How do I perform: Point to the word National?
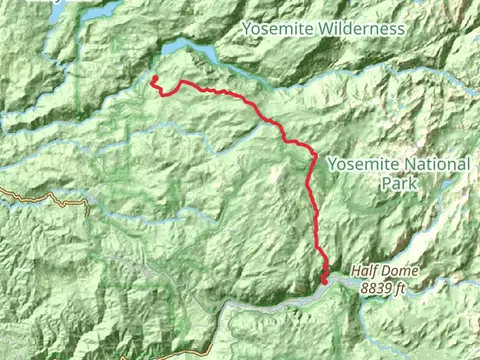tap(421, 165)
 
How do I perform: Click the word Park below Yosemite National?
tap(397, 183)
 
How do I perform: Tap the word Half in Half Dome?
tap(365, 271)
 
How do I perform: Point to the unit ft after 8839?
tap(400, 289)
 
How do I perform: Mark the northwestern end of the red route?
tap(154, 78)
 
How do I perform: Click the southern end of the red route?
tap(325, 282)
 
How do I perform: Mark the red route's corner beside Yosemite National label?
tap(312, 157)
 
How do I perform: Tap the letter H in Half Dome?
tap(355, 271)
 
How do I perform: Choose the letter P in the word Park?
tap(385, 183)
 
